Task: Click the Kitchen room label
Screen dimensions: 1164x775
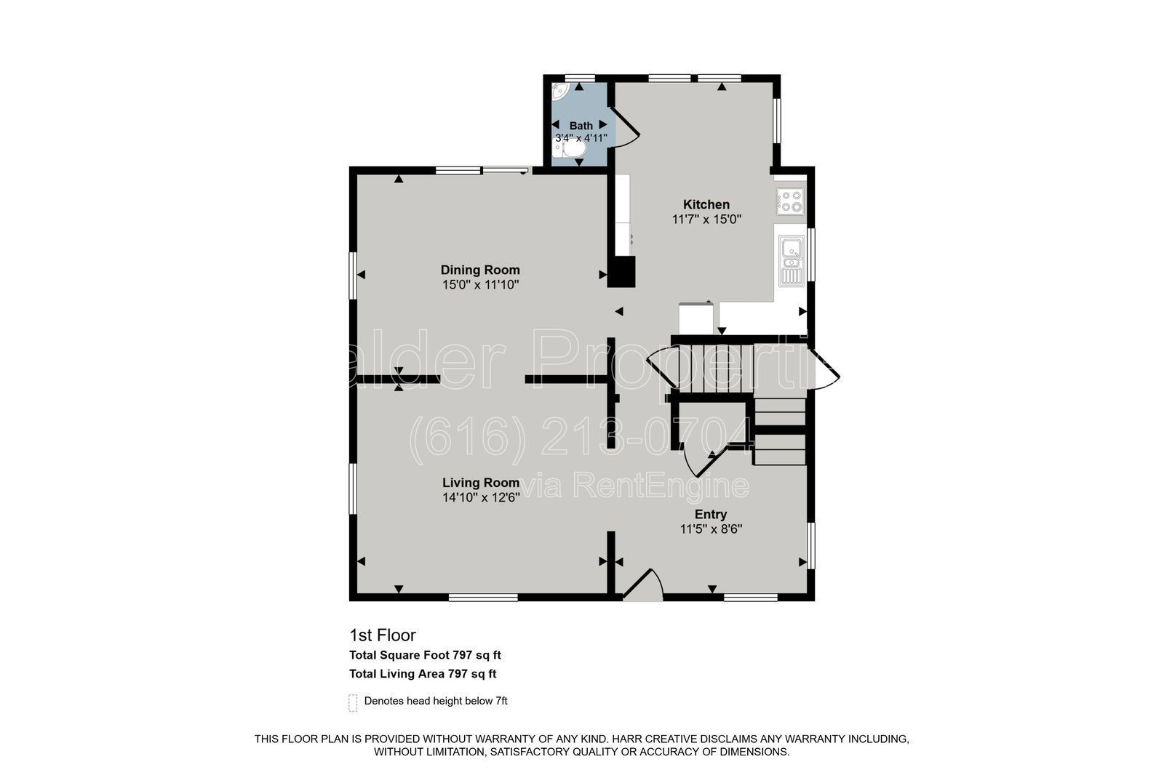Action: coord(706,204)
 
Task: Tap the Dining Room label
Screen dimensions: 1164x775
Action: coord(480,270)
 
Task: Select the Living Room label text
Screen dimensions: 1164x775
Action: coord(481,483)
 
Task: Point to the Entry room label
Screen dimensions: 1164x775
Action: coord(711,514)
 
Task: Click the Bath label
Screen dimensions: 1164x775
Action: coord(581,126)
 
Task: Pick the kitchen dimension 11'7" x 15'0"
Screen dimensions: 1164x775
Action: coord(706,220)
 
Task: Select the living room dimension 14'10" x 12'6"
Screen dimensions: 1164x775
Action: coord(481,497)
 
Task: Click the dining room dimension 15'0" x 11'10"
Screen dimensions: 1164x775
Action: coord(481,285)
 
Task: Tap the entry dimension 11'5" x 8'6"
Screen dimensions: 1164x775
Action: coord(711,529)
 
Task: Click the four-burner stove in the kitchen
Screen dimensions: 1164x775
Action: coord(790,201)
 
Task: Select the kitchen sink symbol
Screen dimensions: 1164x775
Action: coord(792,260)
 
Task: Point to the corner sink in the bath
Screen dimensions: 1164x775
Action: coord(559,91)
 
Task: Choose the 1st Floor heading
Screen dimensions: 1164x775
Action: coord(383,635)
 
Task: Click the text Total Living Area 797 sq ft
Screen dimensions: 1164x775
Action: coord(423,674)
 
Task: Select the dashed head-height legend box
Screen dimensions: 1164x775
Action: coord(353,703)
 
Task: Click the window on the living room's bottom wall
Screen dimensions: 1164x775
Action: coord(483,598)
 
